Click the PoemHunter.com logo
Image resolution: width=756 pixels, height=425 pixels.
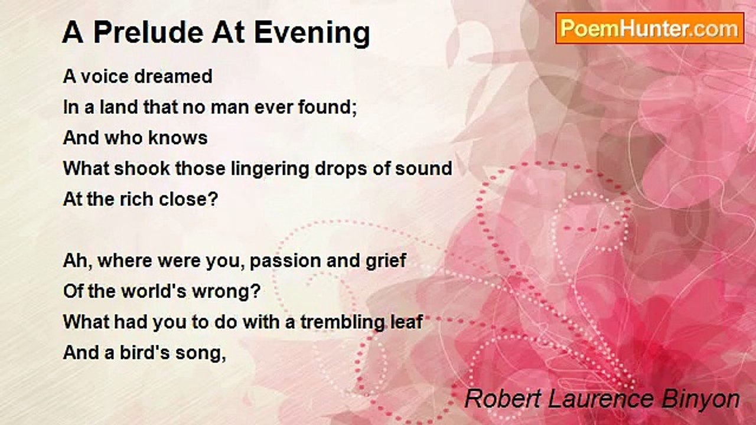point(649,28)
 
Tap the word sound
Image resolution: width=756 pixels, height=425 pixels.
point(424,169)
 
